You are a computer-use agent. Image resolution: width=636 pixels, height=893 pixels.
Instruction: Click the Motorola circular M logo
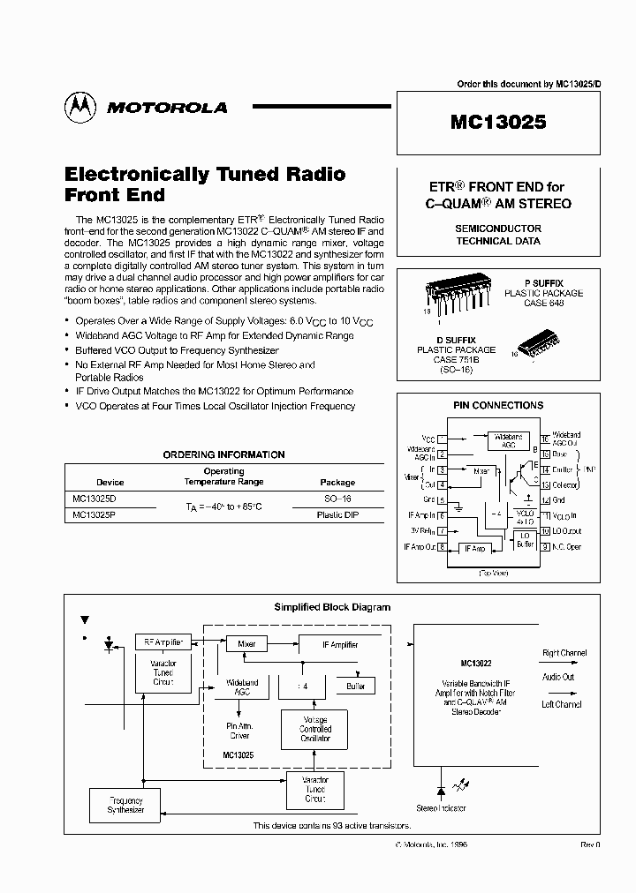click(x=80, y=107)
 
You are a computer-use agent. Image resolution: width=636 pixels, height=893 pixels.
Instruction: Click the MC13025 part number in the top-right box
click(x=498, y=123)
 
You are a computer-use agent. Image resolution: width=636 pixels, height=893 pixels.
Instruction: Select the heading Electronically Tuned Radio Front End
click(x=205, y=184)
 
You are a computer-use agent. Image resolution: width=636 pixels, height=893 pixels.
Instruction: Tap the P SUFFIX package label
click(x=543, y=283)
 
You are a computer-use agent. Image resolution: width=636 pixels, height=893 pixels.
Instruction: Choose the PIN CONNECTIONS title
click(x=497, y=406)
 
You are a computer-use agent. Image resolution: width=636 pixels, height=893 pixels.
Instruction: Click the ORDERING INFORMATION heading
click(x=223, y=454)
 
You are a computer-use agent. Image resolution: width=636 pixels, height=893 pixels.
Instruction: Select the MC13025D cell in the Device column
click(x=94, y=499)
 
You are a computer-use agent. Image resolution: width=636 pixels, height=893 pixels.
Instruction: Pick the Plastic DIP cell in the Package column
click(x=336, y=514)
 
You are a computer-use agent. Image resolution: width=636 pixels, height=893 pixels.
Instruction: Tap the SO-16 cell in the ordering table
click(x=336, y=499)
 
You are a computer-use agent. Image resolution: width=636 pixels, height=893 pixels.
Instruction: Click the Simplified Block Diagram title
click(x=332, y=607)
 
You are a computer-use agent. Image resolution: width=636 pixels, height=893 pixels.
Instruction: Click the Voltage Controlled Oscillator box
click(x=314, y=729)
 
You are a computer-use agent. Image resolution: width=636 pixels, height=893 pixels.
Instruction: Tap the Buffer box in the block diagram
click(x=355, y=686)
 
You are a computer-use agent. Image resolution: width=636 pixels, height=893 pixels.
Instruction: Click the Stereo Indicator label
click(x=441, y=808)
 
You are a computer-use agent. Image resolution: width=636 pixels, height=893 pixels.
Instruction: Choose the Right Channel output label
click(x=563, y=654)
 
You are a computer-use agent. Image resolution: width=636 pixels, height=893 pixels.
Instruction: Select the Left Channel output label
click(x=562, y=704)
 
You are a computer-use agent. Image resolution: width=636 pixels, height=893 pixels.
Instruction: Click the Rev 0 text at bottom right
click(x=590, y=844)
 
